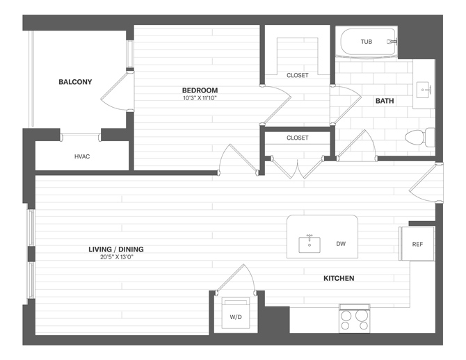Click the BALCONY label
point(75,82)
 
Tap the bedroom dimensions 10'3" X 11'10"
point(200,98)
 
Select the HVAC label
point(82,156)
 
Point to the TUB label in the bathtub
point(367,42)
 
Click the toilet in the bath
point(420,138)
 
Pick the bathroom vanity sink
point(423,90)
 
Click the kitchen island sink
point(310,245)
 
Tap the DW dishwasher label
point(341,244)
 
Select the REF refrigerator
point(417,244)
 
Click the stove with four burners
point(355,318)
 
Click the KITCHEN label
point(339,278)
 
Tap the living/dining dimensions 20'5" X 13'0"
point(116,257)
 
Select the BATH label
point(385,101)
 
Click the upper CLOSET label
point(298,76)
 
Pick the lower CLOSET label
point(298,138)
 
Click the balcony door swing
point(116,91)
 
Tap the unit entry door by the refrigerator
point(426,183)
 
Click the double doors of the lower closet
point(298,167)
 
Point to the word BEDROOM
point(200,90)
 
